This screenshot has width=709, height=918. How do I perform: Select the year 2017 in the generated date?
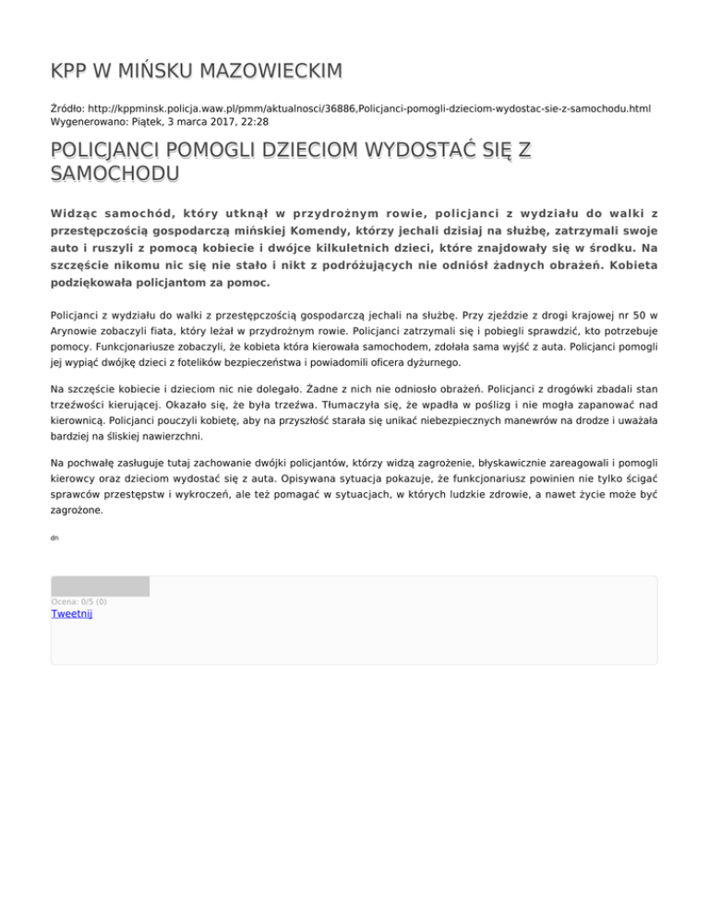(x=209, y=121)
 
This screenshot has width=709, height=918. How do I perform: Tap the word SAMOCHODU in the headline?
(x=114, y=173)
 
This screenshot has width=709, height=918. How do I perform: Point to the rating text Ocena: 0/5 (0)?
(x=78, y=602)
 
